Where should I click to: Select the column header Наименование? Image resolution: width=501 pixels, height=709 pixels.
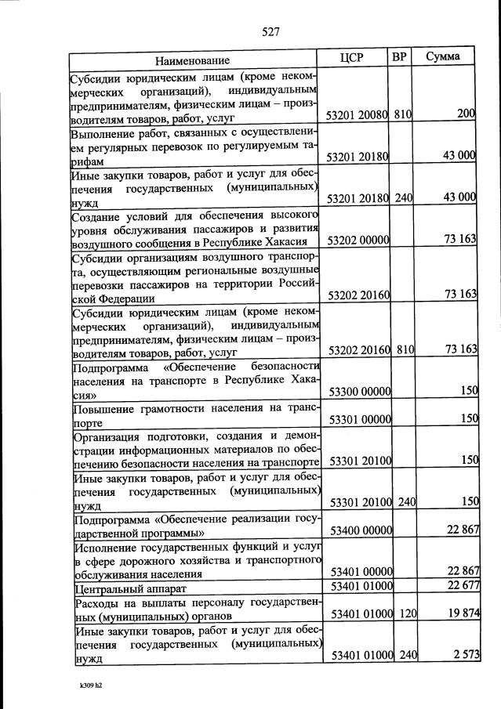coord(192,60)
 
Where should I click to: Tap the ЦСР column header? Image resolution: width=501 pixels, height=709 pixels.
coord(353,58)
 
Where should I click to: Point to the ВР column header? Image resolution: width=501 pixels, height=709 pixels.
coord(399,57)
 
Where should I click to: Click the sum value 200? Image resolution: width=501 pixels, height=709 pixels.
coord(467,114)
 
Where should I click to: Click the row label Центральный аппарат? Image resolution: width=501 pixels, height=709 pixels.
coord(132,588)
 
